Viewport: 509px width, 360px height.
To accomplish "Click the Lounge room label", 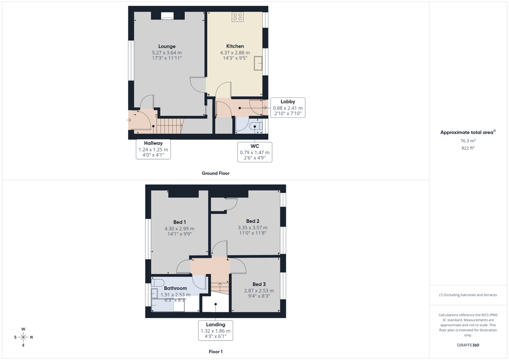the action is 167,46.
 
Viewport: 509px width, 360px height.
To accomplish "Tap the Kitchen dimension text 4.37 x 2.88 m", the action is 235,53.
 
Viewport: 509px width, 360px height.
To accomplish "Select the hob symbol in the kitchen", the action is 238,17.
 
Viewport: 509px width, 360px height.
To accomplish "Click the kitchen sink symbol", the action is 258,63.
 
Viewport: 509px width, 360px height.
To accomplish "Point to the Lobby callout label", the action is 288,101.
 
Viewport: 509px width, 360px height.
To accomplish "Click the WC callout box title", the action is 255,146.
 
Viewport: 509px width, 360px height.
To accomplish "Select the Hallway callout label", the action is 153,143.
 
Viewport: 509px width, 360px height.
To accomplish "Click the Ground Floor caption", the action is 216,174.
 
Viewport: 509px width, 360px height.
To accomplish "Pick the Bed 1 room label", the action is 179,222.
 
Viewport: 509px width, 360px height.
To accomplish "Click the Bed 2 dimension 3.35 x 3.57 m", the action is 253,228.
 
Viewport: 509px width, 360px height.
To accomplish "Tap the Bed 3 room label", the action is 259,284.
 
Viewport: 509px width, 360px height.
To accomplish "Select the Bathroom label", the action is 175,288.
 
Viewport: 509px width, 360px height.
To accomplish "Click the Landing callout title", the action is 216,325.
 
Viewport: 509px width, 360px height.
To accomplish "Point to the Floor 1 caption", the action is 216,352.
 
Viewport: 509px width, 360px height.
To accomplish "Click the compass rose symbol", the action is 23,337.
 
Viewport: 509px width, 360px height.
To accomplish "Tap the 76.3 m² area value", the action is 468,141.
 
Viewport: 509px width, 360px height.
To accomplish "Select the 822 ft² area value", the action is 468,148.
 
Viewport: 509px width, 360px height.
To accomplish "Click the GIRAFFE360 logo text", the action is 468,345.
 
